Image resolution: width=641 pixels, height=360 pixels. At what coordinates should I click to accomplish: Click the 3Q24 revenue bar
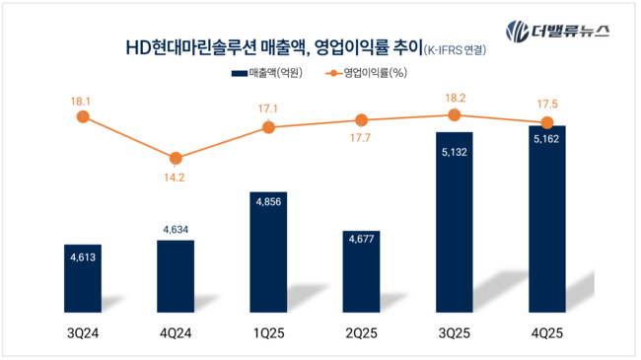82,279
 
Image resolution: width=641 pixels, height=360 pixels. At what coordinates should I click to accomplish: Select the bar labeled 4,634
176,277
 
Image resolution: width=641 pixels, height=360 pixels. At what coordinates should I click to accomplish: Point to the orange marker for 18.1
83,117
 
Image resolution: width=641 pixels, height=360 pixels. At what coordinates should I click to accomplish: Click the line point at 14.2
176,158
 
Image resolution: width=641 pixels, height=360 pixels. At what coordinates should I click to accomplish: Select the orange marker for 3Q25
454,115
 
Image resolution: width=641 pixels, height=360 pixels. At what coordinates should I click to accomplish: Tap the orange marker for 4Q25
546,123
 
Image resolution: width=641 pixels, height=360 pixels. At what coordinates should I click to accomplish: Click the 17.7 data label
361,139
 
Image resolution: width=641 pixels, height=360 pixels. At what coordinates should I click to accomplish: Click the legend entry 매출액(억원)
265,73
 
